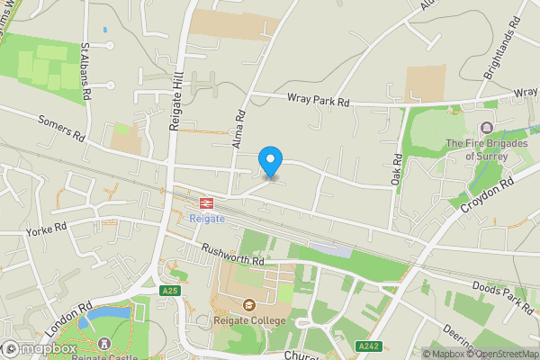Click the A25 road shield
coord(170,291)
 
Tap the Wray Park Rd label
coord(318,101)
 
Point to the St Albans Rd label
coord(87,69)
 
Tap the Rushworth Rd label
coord(232,255)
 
